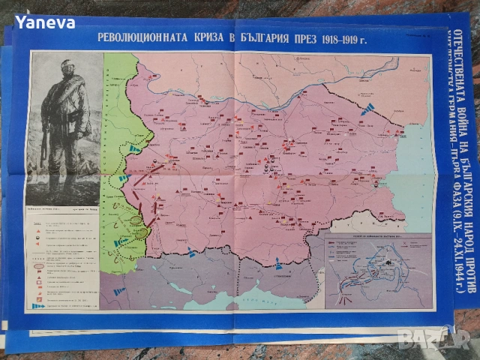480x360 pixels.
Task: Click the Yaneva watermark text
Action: (46, 22)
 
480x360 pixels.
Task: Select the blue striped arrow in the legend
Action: (37, 305)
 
